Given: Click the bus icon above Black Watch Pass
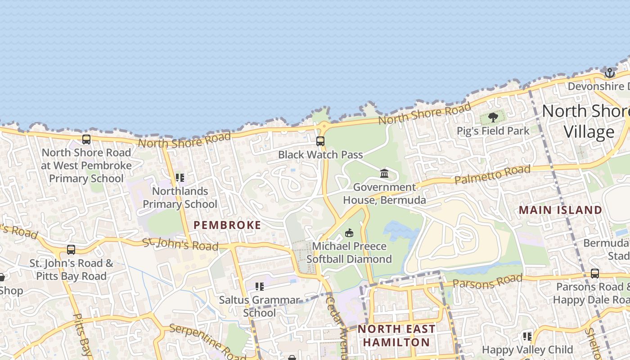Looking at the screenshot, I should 320,141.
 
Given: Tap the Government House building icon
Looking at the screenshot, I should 384,174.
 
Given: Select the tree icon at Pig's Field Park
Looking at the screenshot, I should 493,118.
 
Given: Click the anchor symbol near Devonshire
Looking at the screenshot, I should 610,73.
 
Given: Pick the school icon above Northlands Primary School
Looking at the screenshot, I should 180,178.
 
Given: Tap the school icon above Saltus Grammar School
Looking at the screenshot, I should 259,287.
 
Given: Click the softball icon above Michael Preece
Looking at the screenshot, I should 349,233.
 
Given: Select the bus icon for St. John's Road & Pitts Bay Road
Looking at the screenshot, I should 71,250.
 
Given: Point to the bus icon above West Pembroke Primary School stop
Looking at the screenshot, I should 86,139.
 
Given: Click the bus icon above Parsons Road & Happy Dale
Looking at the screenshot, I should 595,273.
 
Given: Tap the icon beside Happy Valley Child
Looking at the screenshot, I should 527,336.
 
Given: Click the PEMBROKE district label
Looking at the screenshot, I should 227,225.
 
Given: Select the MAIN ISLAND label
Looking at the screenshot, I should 560,210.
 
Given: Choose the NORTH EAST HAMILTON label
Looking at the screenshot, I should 396,336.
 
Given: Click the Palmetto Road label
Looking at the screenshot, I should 492,175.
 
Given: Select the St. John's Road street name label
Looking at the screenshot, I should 180,244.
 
